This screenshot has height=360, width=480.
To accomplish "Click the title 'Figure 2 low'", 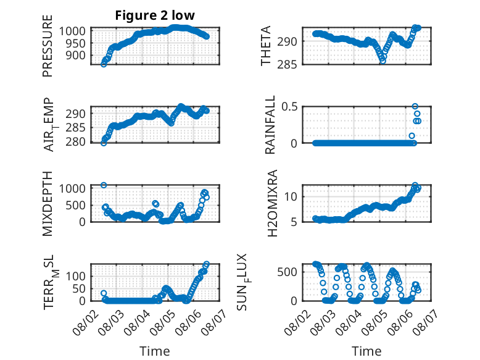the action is click(155, 15).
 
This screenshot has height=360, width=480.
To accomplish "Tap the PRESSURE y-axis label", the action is click(48, 46).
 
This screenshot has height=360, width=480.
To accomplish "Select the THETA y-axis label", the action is click(266, 46).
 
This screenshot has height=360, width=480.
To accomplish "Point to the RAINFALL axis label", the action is click(270, 125).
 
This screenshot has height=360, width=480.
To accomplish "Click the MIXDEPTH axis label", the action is click(48, 204).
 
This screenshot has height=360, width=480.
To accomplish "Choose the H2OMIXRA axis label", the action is click(272, 203).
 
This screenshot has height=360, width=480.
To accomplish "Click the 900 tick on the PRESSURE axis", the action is click(76, 56).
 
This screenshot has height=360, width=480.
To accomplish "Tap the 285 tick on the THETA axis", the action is click(287, 65).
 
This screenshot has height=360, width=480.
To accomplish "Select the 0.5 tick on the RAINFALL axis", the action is click(289, 107).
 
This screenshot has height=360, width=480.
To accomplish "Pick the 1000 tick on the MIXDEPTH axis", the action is click(72, 188).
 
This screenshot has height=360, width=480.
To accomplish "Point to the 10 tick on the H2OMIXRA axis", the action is click(291, 197).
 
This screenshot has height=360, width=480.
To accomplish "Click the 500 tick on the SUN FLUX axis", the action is click(287, 272).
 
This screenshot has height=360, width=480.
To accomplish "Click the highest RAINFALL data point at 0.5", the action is click(415, 106).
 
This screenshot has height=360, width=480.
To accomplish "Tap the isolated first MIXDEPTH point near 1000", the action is click(104, 185).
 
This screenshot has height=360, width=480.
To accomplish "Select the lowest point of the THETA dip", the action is click(383, 61).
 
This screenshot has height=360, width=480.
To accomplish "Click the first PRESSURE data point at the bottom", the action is click(104, 64).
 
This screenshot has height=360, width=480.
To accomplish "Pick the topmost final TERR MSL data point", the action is click(207, 264).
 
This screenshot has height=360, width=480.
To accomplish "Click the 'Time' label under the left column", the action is click(155, 351).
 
